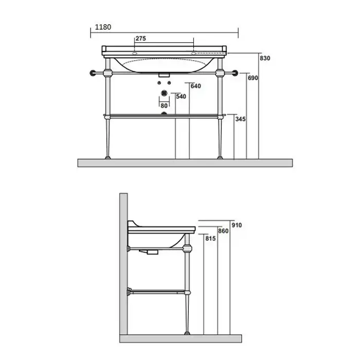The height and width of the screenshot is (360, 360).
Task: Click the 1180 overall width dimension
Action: [103, 27]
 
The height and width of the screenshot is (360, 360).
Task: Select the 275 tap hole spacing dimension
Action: [140, 39]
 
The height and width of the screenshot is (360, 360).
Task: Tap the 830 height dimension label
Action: [265, 58]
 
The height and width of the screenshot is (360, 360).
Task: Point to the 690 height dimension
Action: [253, 78]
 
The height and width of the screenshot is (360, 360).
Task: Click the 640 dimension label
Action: [195, 86]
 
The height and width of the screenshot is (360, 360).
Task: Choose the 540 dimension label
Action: [181, 97]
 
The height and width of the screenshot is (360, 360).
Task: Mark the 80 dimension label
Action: [164, 105]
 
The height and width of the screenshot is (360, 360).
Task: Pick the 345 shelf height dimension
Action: [240, 119]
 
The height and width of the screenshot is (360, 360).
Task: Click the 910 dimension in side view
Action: [237, 225]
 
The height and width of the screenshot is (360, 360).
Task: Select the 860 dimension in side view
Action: [223, 231]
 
